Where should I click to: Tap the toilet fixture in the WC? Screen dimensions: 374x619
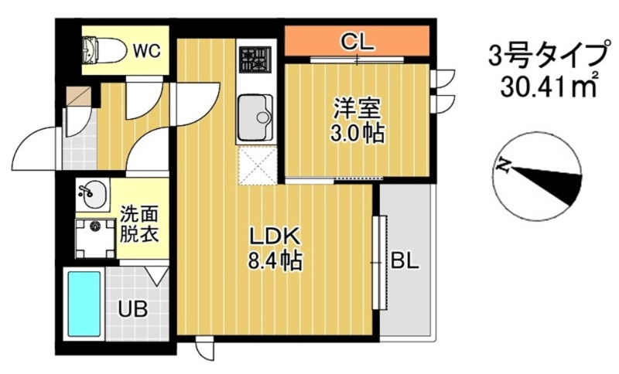103,51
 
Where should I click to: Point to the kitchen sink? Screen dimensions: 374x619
255,117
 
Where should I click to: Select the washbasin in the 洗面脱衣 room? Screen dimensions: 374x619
93,193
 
